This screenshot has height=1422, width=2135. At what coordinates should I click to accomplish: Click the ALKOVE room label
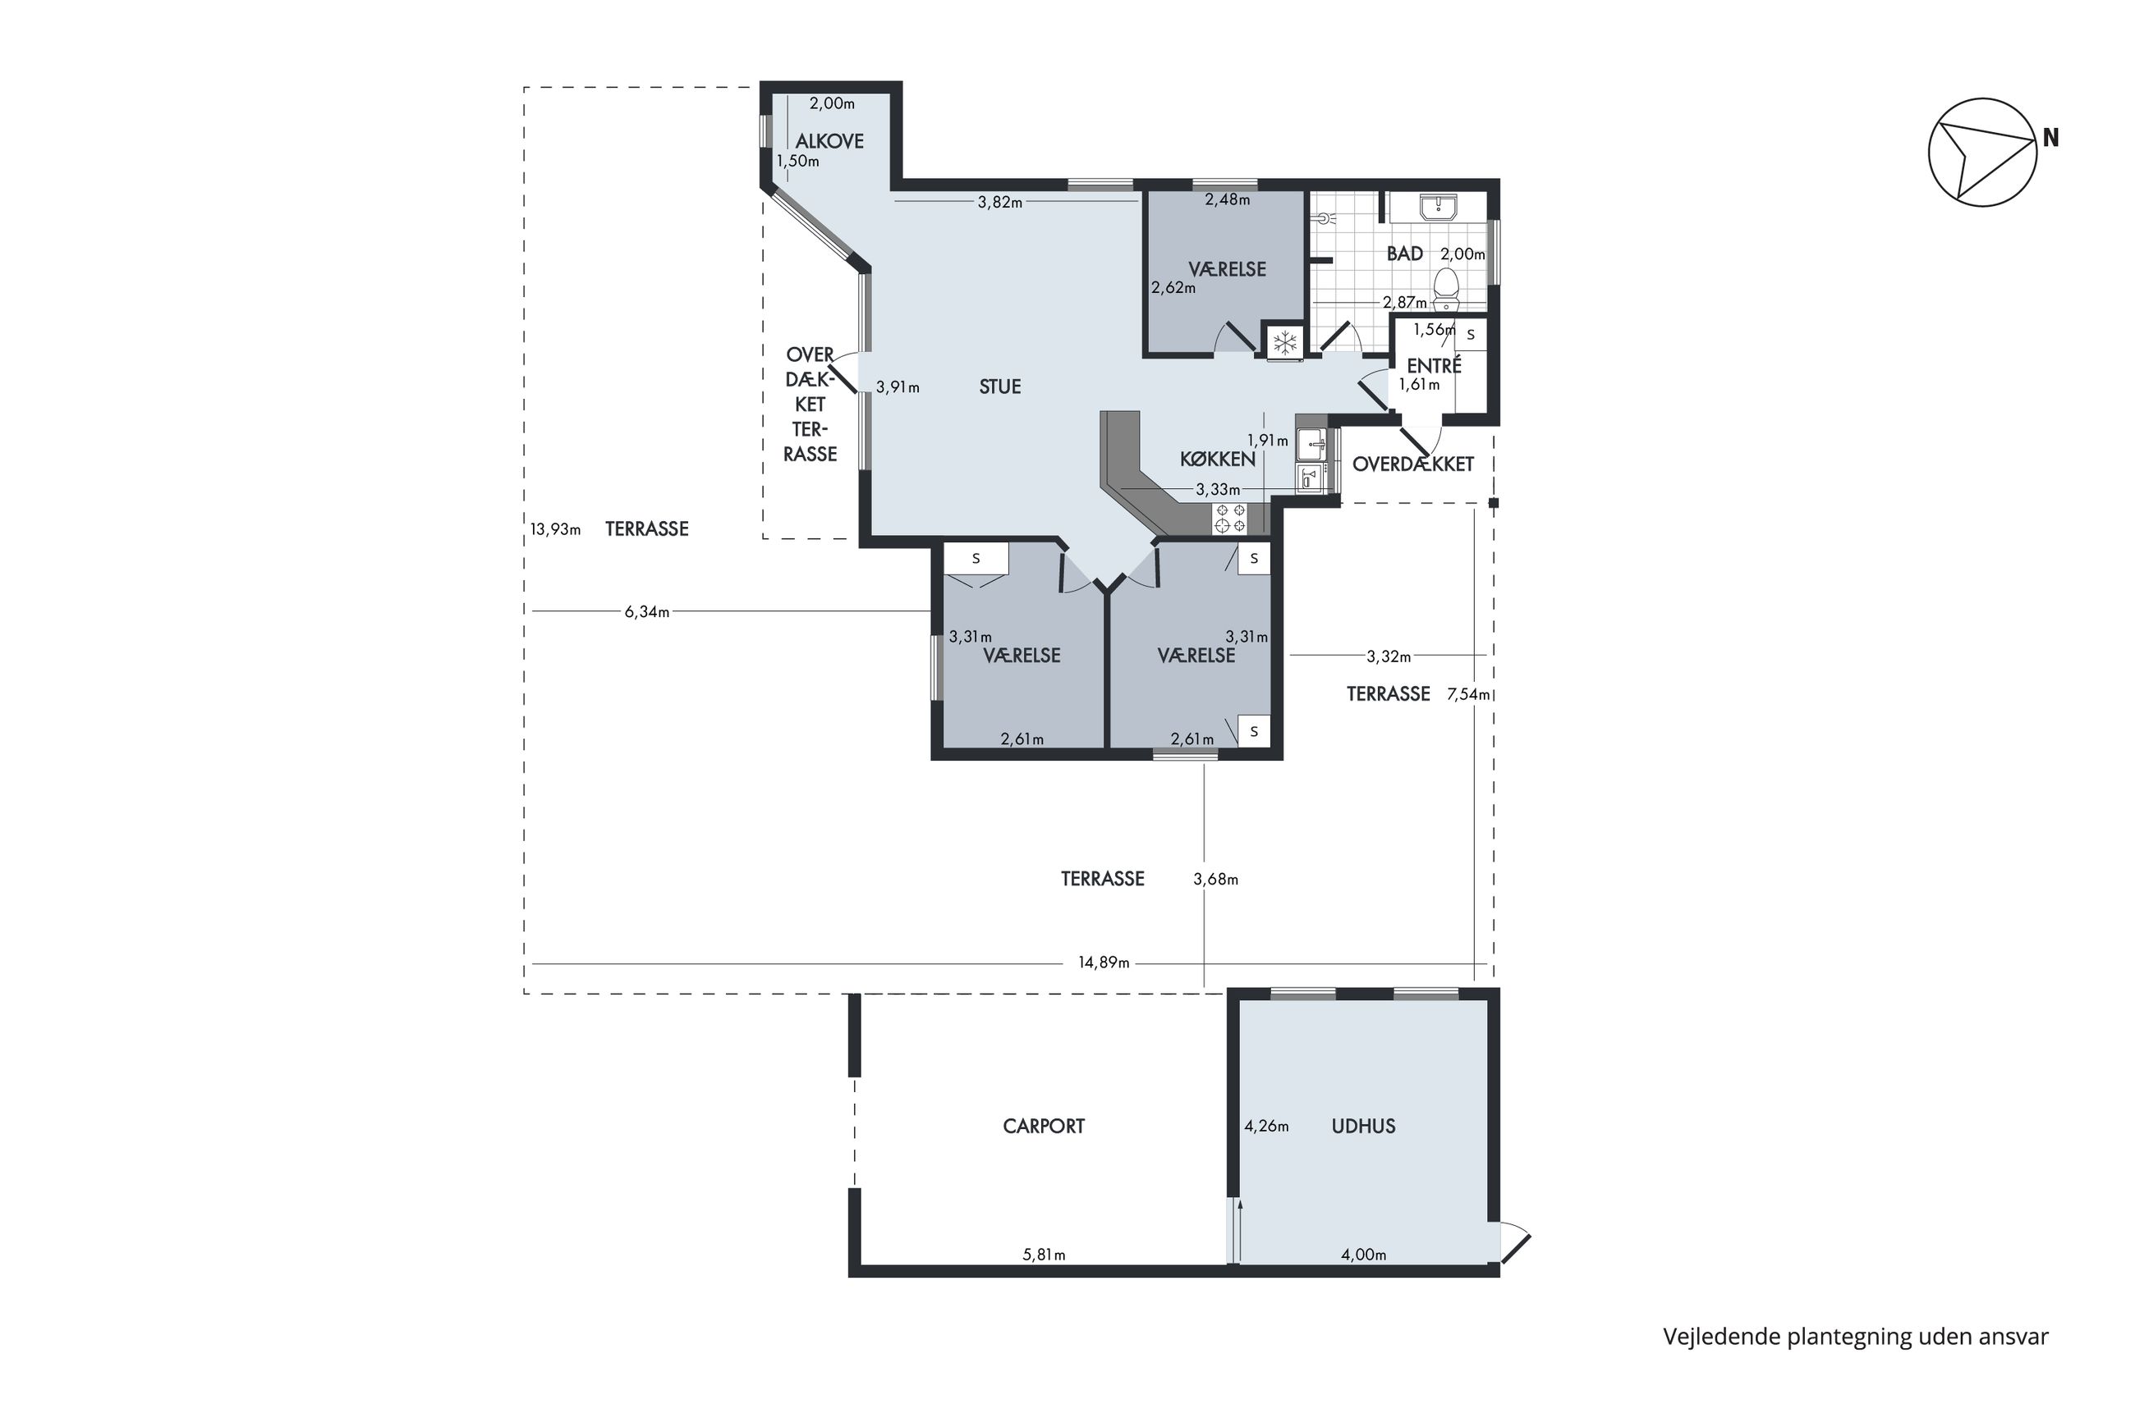(x=829, y=140)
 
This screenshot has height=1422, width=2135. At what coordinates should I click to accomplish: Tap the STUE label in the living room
(x=1000, y=386)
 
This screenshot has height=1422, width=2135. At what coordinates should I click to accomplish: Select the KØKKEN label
(x=1218, y=459)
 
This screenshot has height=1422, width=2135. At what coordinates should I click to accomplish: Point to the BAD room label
(x=1404, y=254)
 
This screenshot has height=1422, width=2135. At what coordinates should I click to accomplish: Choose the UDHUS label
(x=1363, y=1127)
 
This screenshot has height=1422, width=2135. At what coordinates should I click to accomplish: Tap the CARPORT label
(x=1044, y=1127)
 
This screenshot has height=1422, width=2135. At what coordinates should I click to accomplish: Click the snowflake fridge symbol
(x=1284, y=343)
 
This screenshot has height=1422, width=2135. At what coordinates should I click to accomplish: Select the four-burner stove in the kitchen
(x=1230, y=519)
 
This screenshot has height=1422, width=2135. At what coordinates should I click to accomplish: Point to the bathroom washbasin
(x=1439, y=207)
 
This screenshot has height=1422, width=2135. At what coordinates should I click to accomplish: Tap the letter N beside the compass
(x=2050, y=138)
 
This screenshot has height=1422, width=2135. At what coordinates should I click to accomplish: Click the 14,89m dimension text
(x=1104, y=962)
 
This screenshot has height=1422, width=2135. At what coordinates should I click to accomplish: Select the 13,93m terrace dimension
(x=555, y=528)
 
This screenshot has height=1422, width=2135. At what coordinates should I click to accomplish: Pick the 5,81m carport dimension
(x=1044, y=1255)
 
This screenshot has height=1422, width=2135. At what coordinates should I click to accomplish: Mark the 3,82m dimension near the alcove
(x=1000, y=202)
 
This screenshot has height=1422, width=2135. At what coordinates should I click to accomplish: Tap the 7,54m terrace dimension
(x=1468, y=695)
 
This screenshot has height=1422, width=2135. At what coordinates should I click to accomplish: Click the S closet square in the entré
(x=1471, y=335)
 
